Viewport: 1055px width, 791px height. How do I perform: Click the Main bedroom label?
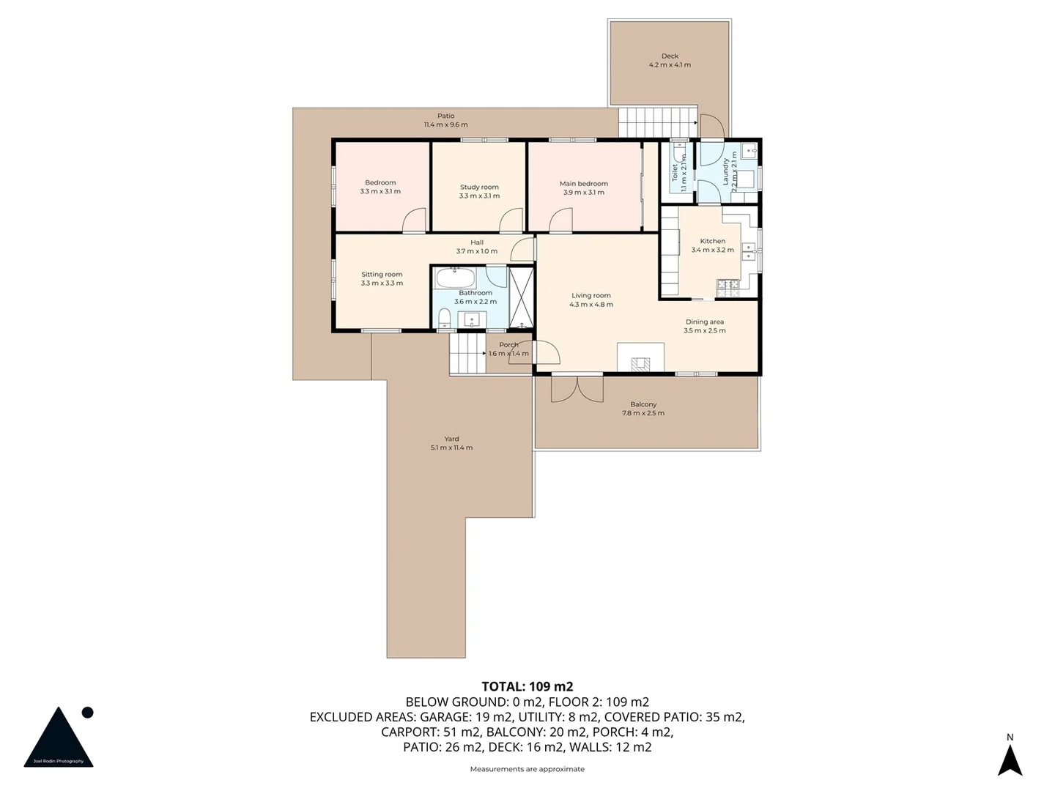(583, 184)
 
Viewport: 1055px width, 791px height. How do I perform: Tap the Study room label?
(479, 187)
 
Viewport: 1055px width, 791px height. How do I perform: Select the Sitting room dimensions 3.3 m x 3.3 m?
(382, 283)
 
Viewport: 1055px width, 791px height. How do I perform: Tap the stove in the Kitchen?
(727, 288)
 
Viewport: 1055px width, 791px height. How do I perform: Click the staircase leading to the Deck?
(656, 122)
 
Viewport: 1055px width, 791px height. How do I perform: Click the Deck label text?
(670, 56)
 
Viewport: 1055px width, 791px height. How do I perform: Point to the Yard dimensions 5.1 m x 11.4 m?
(451, 448)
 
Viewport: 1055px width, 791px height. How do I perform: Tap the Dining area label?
(705, 322)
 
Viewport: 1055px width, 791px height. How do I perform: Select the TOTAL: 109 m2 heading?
(527, 686)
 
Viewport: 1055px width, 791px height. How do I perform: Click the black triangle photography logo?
(59, 738)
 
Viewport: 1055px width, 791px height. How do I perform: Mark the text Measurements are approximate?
(527, 769)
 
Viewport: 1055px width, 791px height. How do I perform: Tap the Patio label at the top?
(445, 116)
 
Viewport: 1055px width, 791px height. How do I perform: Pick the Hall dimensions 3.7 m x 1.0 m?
(476, 251)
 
